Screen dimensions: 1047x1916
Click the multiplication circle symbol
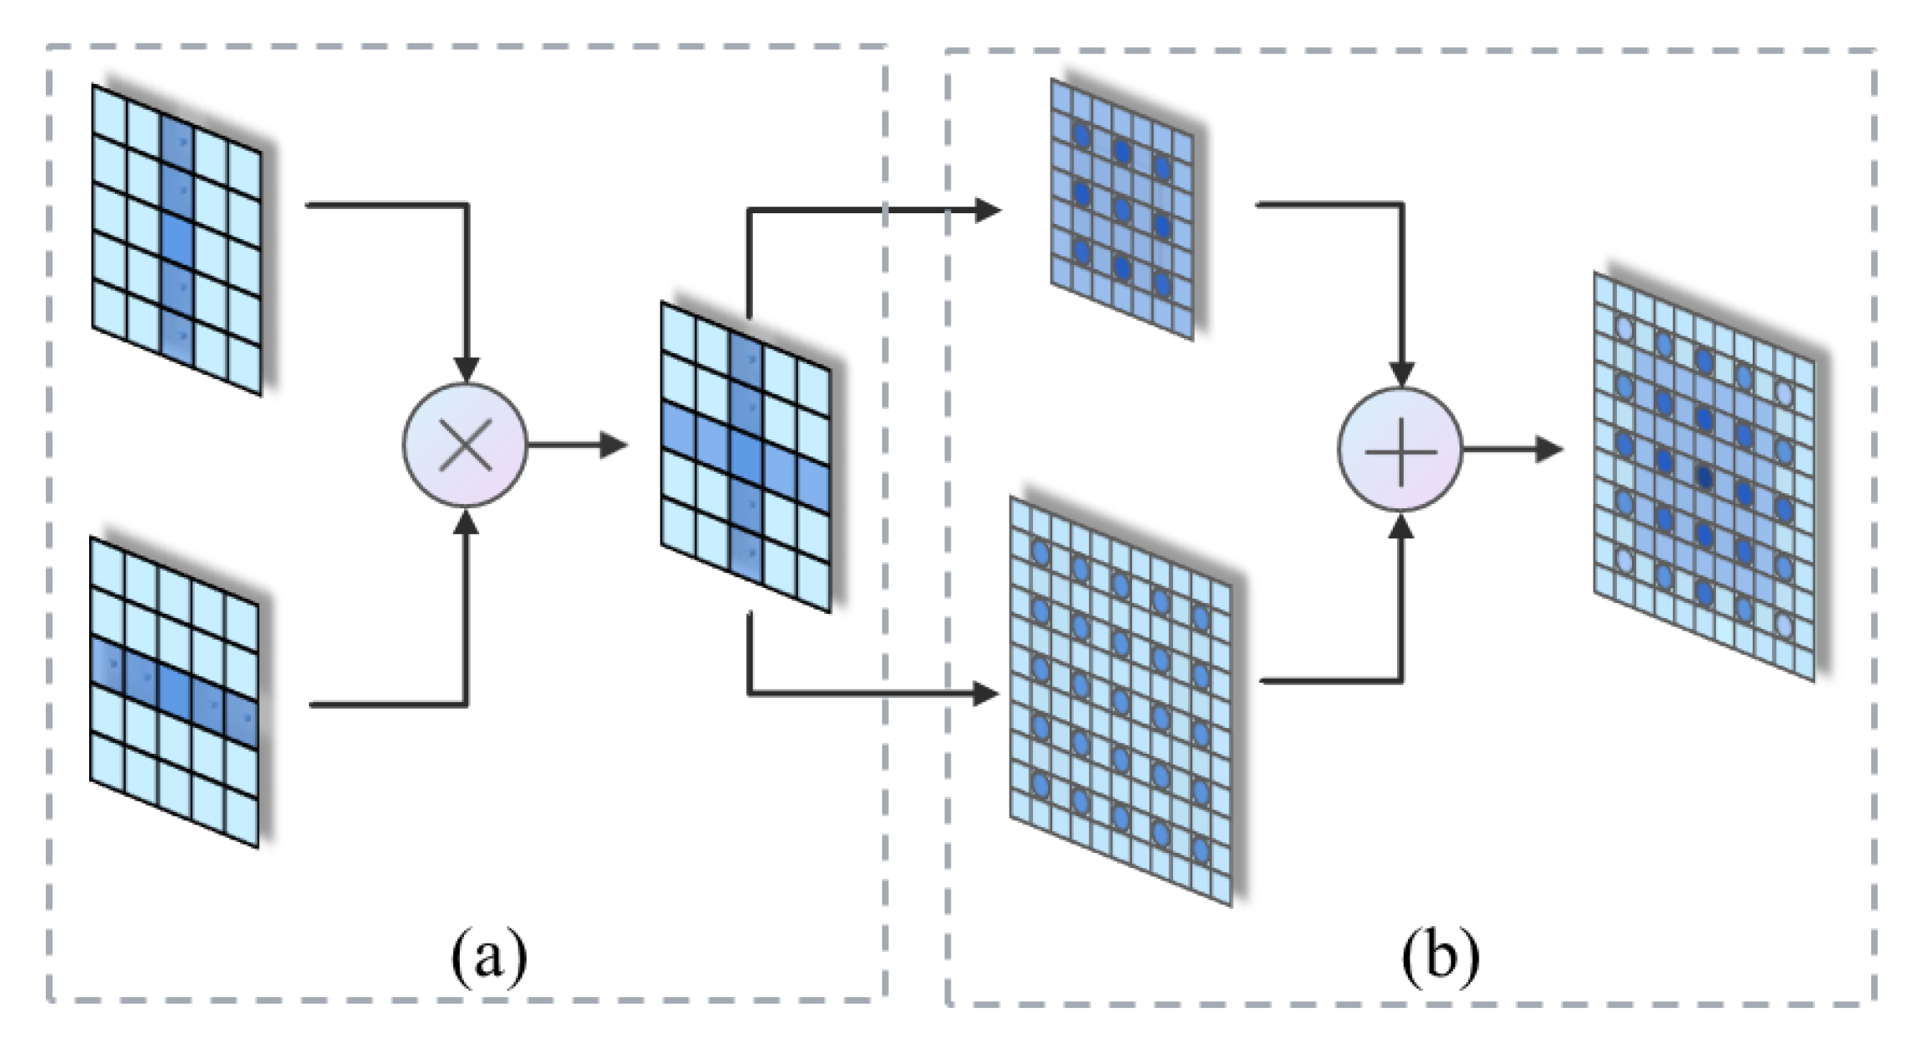coord(465,445)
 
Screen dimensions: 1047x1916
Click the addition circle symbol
coord(1400,450)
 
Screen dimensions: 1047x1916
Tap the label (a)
coord(489,956)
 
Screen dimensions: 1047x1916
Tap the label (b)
coord(1440,956)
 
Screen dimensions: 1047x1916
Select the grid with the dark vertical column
coord(177,240)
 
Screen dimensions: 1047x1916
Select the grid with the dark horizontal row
coord(174,692)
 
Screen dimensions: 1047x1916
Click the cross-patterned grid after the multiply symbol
coord(746,456)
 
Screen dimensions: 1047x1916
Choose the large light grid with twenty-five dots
coord(1120,700)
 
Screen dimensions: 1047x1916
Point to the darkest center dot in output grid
coord(1704,476)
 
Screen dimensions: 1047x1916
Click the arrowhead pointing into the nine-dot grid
coord(988,210)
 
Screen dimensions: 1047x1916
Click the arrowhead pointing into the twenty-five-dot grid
coord(986,693)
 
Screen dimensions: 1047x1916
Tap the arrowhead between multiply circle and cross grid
coord(614,446)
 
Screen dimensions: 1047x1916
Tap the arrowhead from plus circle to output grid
coord(1549,450)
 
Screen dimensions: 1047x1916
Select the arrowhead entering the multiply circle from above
coord(466,370)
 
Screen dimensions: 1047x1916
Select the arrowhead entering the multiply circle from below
coord(466,521)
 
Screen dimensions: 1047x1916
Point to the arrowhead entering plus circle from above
coord(1401,374)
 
